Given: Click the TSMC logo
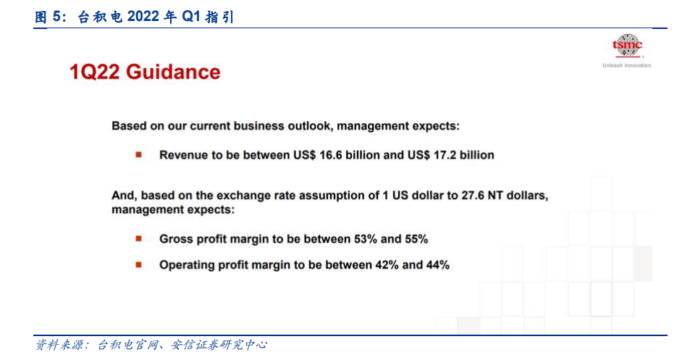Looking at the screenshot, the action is click(627, 46).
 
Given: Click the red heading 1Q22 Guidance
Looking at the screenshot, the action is click(145, 72).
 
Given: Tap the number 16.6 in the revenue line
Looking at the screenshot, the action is click(331, 155).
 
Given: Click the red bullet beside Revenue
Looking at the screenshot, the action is click(138, 155).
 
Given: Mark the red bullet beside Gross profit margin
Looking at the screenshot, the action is click(138, 238).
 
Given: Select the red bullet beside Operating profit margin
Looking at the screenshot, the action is click(138, 264).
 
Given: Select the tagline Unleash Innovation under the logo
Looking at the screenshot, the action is click(626, 66).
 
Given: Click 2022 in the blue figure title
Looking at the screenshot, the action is click(143, 17).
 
